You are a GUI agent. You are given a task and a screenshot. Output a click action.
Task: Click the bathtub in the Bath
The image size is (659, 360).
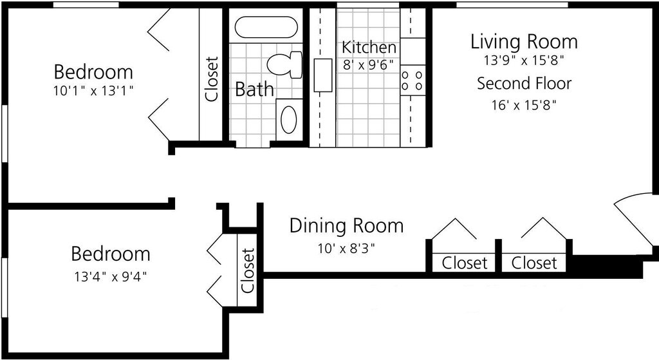[266, 27]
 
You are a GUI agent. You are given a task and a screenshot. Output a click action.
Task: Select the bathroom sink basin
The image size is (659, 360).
[288, 119]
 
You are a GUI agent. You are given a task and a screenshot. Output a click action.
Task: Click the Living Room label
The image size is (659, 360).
[524, 43]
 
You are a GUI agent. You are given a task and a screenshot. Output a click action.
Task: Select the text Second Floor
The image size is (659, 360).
[524, 83]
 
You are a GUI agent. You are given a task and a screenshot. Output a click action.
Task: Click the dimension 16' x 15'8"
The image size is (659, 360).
[524, 104]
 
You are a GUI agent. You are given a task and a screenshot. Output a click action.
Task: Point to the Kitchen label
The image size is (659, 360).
[369, 47]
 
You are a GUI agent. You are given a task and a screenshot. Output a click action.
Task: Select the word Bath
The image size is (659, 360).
[254, 90]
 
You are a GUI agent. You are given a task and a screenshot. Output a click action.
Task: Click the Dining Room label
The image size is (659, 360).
[346, 226]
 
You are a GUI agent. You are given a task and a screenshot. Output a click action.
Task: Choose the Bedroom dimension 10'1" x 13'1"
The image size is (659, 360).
[93, 91]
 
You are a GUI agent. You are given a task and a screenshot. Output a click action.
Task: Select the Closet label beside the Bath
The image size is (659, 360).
[212, 79]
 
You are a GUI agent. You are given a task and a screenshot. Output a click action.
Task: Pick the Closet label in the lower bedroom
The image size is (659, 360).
[248, 270]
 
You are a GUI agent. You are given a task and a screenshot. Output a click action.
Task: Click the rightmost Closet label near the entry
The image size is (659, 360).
[534, 263]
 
